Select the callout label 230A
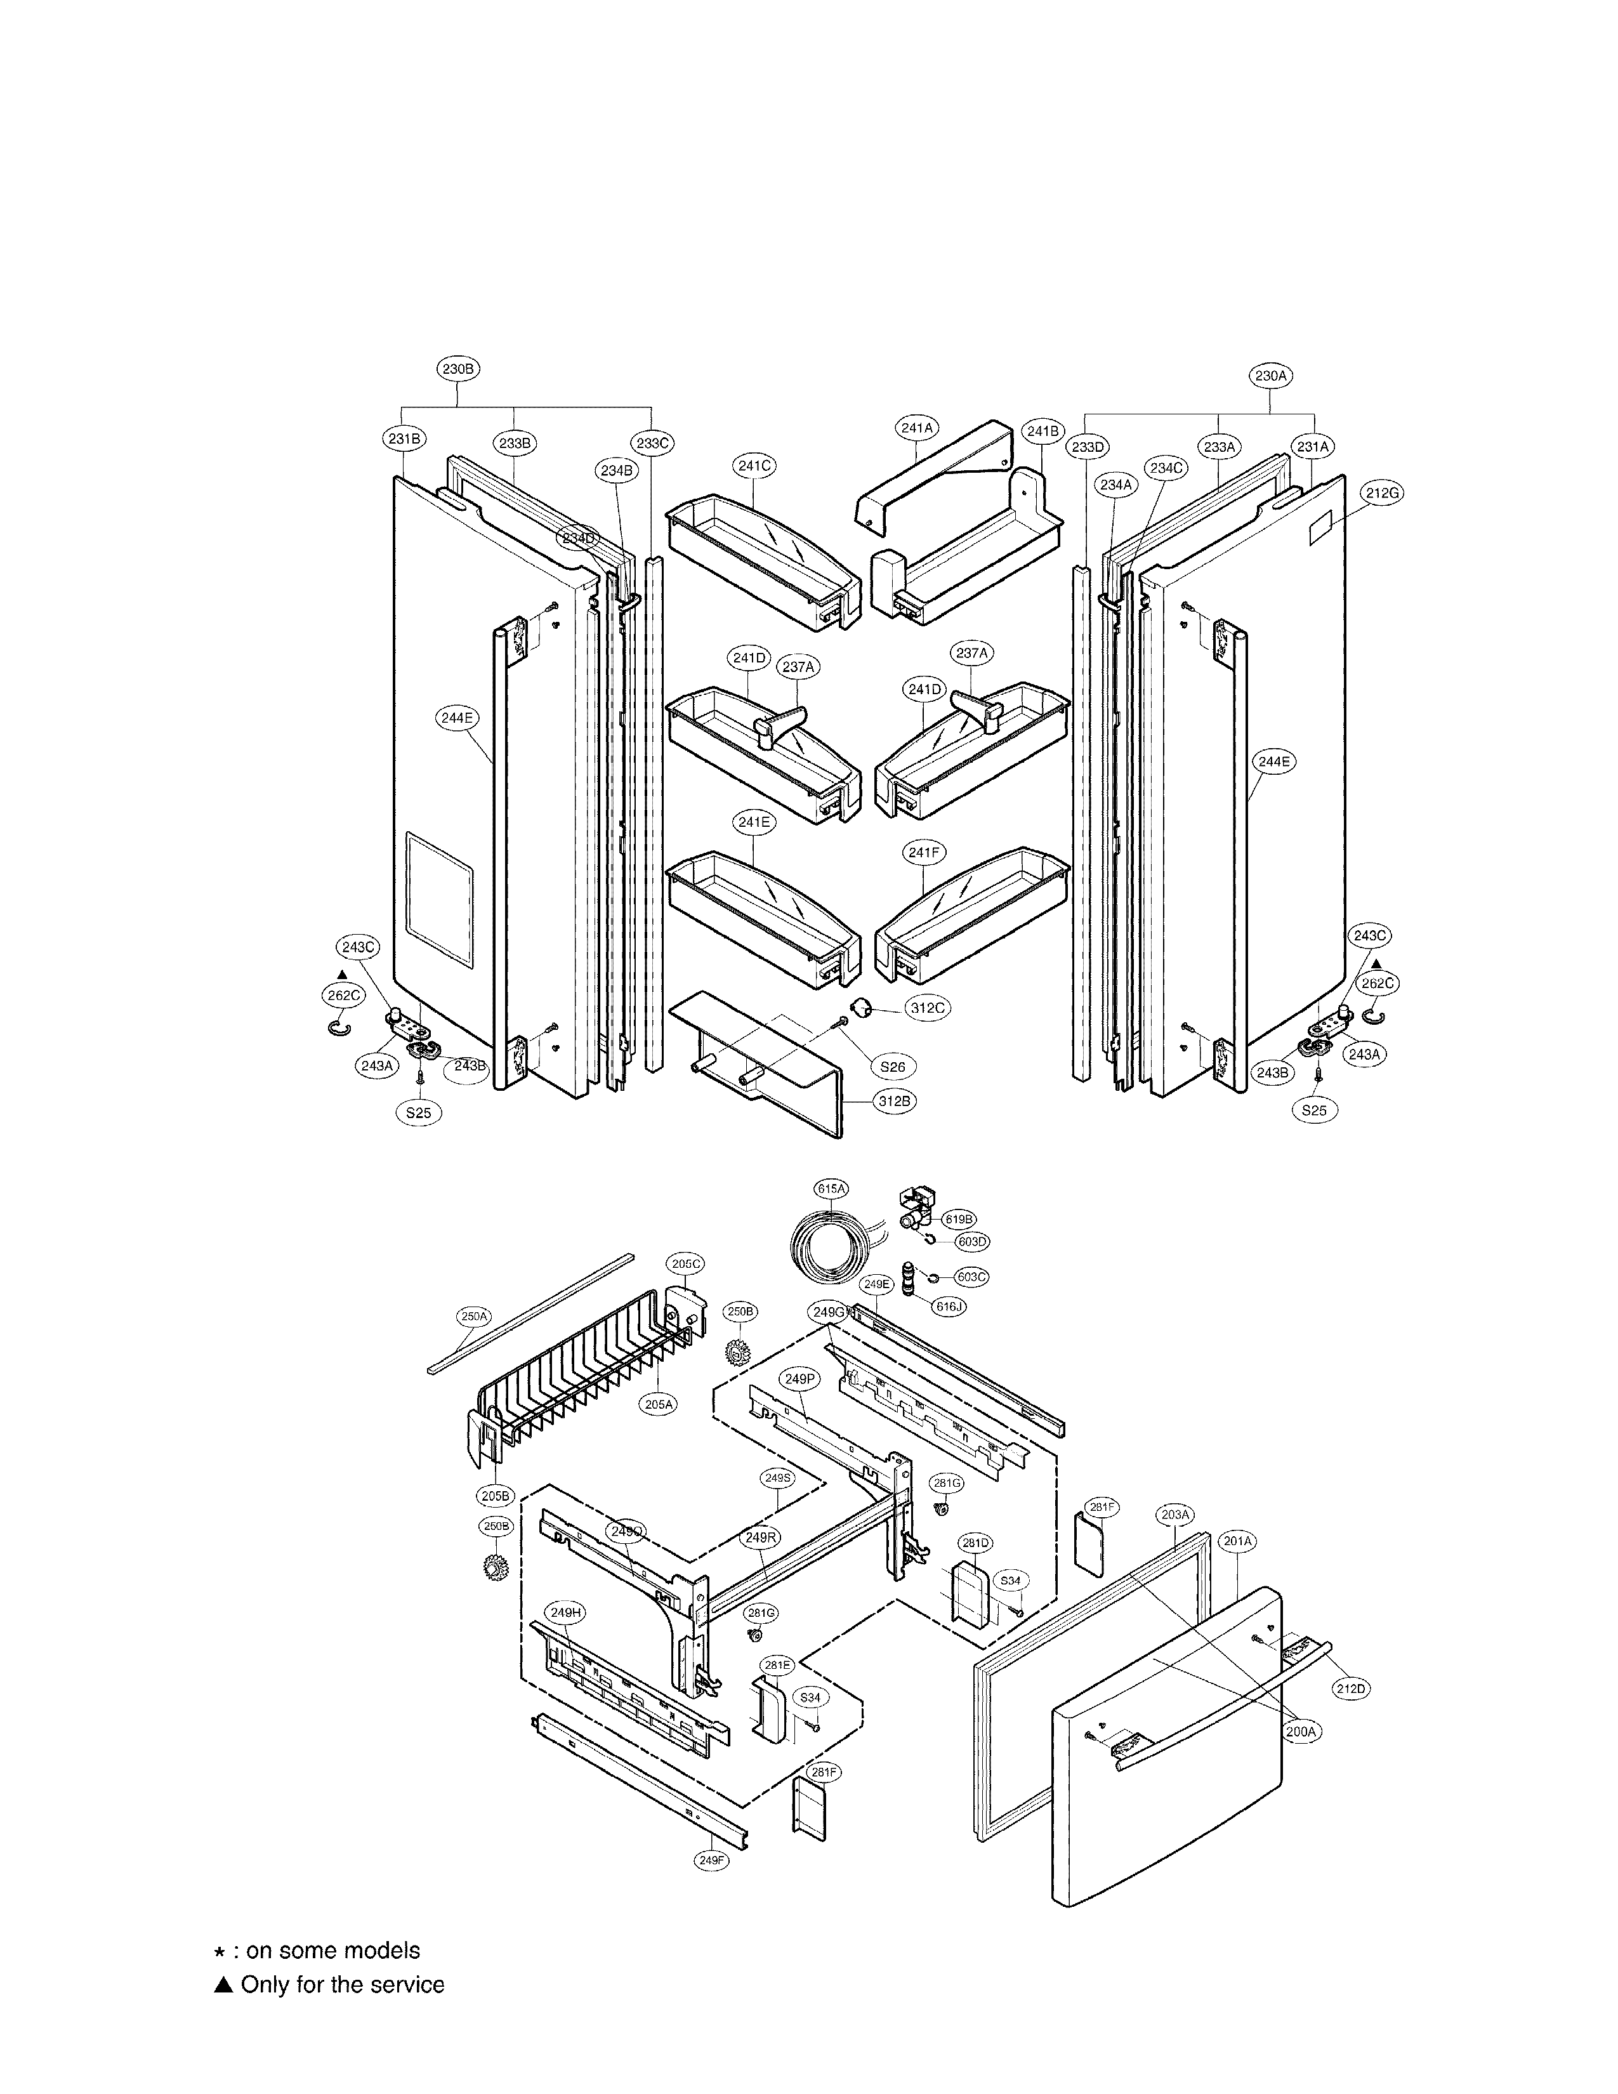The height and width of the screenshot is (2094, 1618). pyautogui.click(x=1270, y=376)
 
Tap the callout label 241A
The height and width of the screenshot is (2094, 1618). pyautogui.click(x=918, y=428)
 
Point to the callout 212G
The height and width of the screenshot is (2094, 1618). pyautogui.click(x=1382, y=493)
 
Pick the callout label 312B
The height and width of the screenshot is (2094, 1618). pyautogui.click(x=893, y=1102)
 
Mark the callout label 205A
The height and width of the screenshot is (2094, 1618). pyautogui.click(x=659, y=1404)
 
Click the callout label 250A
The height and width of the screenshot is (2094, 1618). pyautogui.click(x=473, y=1317)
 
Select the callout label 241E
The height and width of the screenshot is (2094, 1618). pyautogui.click(x=753, y=822)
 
